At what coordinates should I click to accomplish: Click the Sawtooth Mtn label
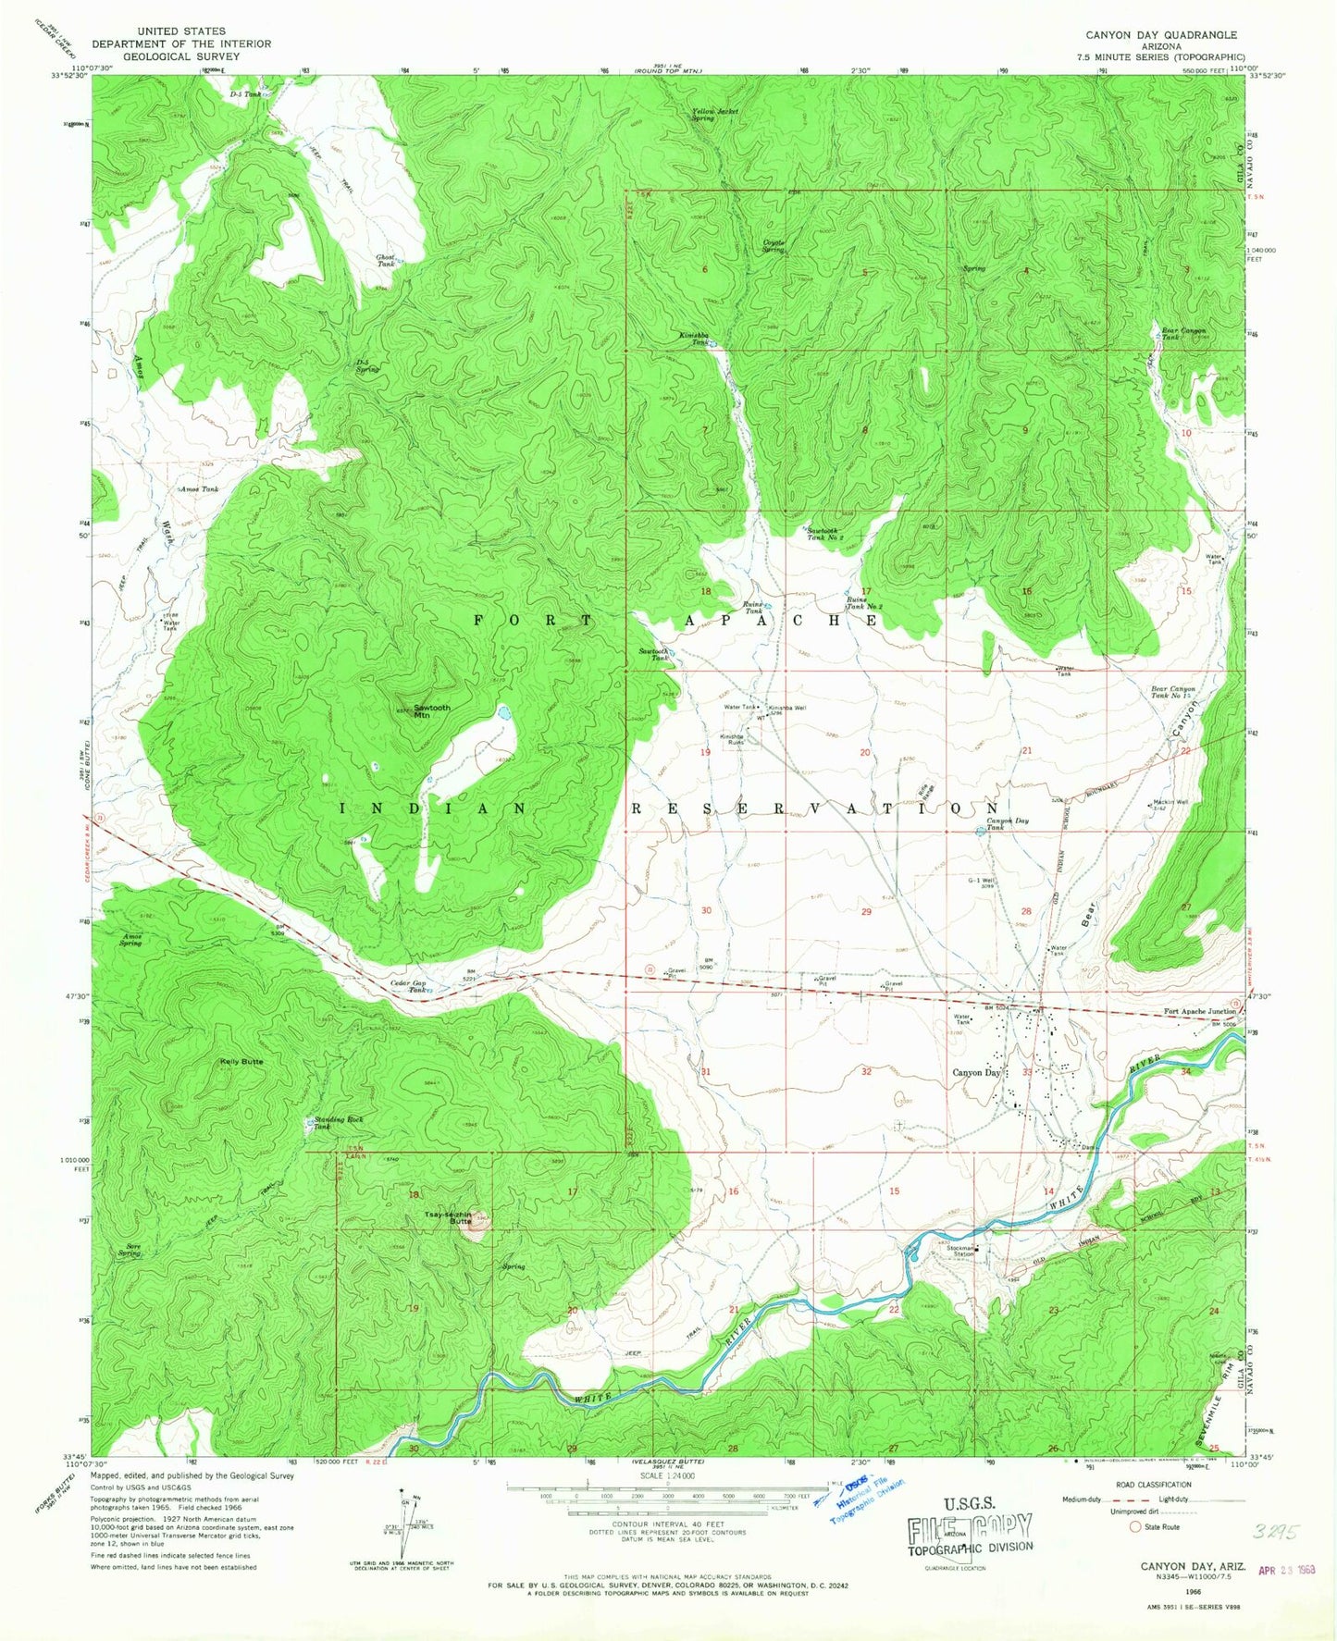tap(431, 711)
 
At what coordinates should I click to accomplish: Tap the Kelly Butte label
tap(241, 1061)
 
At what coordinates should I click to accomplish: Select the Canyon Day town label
tap(977, 1073)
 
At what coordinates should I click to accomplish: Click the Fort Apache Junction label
tap(1199, 1011)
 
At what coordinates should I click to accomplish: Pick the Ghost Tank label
tap(386, 261)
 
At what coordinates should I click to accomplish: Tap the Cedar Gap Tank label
tap(408, 986)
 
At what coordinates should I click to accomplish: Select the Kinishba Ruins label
tap(732, 739)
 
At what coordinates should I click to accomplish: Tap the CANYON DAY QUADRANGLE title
tap(1161, 35)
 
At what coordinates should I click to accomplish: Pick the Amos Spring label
tap(131, 940)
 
